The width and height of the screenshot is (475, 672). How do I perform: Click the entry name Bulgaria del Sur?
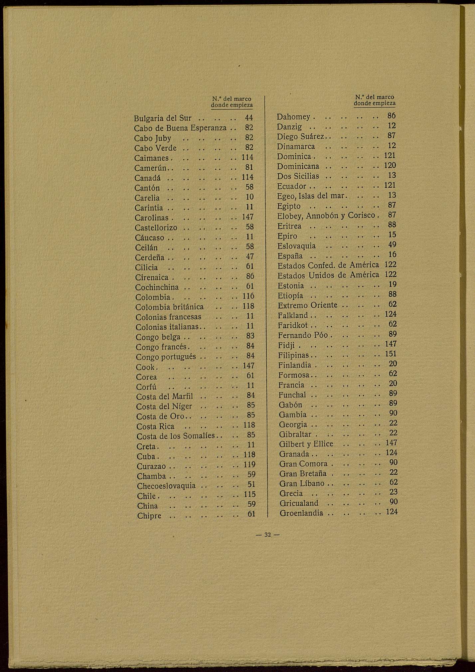pyautogui.click(x=162, y=118)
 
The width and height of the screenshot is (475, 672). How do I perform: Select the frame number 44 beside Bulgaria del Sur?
pyautogui.click(x=249, y=118)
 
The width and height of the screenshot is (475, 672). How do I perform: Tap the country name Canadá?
pyautogui.click(x=147, y=178)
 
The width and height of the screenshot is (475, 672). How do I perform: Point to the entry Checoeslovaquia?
pyautogui.click(x=166, y=486)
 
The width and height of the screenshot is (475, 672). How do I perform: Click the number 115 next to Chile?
pyautogui.click(x=249, y=494)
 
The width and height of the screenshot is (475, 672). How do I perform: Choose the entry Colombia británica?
pyautogui.click(x=170, y=307)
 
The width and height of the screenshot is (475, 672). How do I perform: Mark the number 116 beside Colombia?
pyautogui.click(x=248, y=296)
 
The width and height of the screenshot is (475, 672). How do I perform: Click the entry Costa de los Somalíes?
pyautogui.click(x=176, y=436)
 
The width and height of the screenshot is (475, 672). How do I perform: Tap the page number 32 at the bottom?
pyautogui.click(x=268, y=535)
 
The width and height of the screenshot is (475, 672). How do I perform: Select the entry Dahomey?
pyautogui.click(x=293, y=117)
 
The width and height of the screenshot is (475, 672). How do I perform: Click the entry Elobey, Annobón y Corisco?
pyautogui.click(x=326, y=216)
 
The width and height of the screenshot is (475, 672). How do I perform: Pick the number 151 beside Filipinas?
pyautogui.click(x=391, y=354)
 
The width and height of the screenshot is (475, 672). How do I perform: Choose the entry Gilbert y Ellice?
pyautogui.click(x=306, y=444)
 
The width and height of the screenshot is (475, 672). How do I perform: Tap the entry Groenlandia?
pyautogui.click(x=301, y=513)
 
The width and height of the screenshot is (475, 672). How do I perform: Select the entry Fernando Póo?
pyautogui.click(x=303, y=335)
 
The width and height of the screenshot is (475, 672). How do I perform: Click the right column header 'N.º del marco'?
pyautogui.click(x=375, y=97)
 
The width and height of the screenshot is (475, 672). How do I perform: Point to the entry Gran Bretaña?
pyautogui.click(x=303, y=474)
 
